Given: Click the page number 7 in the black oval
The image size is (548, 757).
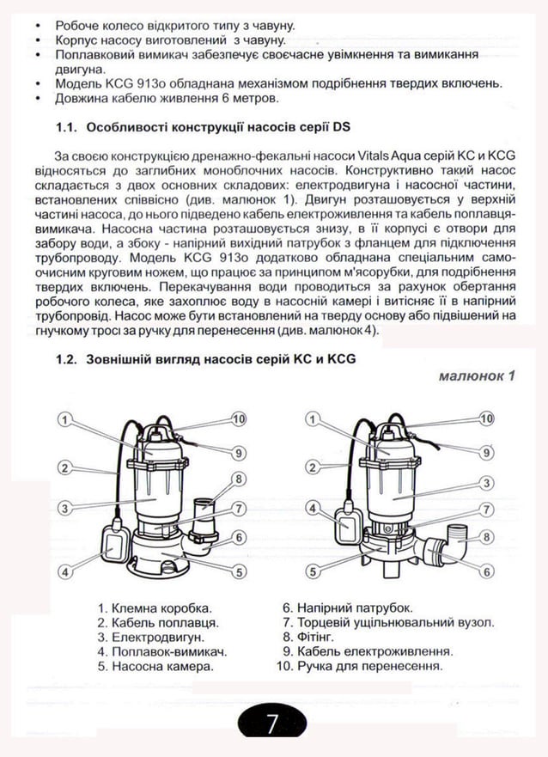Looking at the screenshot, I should click(271, 724).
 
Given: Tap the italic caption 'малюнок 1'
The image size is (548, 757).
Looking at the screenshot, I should click(475, 375).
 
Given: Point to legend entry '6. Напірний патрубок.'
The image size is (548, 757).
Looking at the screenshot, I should click(347, 607).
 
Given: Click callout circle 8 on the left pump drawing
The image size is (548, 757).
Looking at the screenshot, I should click(240, 479).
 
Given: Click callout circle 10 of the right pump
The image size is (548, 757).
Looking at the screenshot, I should click(486, 418).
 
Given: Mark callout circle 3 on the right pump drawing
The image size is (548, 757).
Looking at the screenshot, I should click(486, 482).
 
